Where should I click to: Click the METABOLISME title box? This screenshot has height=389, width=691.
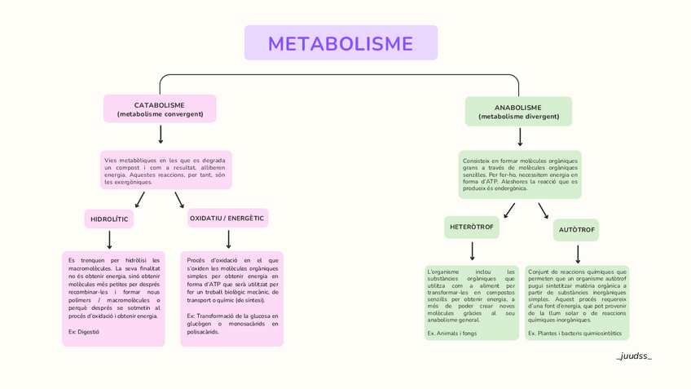341,43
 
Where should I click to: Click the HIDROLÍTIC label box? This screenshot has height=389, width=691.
109,219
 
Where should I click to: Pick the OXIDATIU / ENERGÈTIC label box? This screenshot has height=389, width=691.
227,219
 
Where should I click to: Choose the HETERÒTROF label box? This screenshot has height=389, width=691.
472,227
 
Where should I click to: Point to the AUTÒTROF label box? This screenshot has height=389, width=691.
576,230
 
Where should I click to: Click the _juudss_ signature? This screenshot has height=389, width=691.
634,356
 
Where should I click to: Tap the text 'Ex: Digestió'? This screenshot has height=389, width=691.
84,332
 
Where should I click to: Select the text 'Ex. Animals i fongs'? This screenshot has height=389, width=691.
451,333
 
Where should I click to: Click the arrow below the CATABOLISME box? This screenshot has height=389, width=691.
161,135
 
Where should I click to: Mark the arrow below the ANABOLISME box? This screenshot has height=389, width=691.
520,137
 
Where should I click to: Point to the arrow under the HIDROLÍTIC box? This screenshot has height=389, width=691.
109,240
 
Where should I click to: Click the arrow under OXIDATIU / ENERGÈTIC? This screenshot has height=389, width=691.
228,239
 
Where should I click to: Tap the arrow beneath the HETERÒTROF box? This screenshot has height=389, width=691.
473,251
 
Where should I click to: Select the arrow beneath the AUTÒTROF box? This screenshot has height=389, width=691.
578,254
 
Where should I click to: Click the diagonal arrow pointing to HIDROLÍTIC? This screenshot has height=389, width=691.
140,200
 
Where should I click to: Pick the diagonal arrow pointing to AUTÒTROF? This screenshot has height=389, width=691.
544,210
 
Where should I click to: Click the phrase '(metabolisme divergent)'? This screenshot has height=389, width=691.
519,117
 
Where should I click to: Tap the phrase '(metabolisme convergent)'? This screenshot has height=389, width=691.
160,114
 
